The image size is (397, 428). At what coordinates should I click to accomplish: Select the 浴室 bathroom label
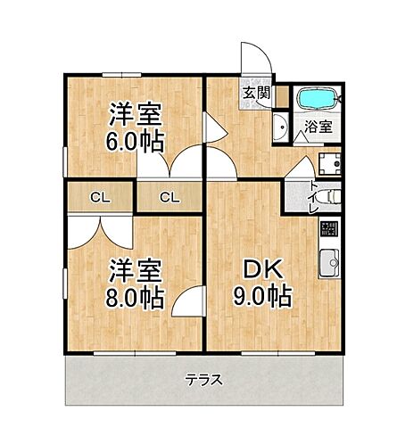pyautogui.click(x=319, y=126)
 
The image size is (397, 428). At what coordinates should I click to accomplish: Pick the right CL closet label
pyautogui.click(x=170, y=197)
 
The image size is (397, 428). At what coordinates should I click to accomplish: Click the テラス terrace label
pyautogui.click(x=203, y=379)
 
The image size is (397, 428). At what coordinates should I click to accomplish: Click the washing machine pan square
pyautogui.click(x=330, y=163)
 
